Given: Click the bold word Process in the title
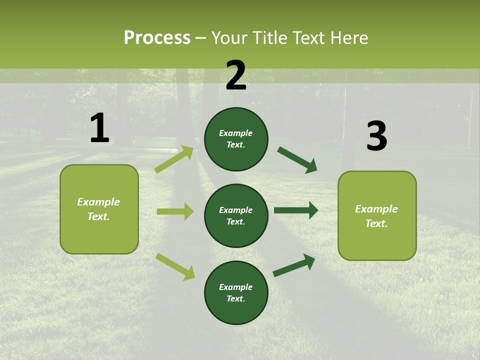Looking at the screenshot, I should click(157, 38).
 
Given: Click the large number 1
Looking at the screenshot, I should click(99, 128).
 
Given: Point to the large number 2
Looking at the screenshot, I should click(236, 75).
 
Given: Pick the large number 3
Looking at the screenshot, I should click(376, 136).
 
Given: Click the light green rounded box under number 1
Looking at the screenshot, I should click(99, 209).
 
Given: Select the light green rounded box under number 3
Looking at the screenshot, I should click(377, 215).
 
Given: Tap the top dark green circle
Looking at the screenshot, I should click(236, 139).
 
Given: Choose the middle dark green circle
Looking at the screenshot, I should click(236, 215).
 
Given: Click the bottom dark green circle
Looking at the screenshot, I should click(236, 292).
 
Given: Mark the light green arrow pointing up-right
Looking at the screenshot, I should click(174, 159).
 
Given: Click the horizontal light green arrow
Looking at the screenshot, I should click(175, 211).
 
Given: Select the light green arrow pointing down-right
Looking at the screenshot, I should click(175, 266).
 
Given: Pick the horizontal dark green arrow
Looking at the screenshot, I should click(296, 210).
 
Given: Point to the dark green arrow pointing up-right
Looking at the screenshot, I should click(294, 265).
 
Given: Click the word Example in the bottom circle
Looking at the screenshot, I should click(236, 287).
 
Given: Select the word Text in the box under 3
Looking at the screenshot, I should click(376, 223).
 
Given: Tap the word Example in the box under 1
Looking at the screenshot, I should click(98, 202).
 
